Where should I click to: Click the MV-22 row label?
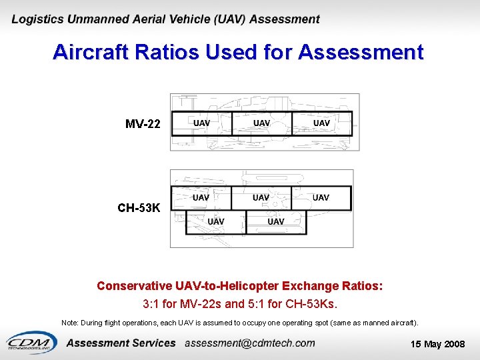click(143, 124)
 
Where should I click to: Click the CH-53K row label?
click(139, 208)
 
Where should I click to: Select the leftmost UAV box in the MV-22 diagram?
click(201, 123)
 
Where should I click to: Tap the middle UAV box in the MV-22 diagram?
click(261, 123)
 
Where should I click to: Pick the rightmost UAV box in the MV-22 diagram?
click(321, 123)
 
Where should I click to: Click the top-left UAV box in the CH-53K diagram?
click(201, 198)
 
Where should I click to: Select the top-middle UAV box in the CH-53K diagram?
click(261, 198)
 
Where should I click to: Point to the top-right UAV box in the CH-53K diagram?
click(321, 198)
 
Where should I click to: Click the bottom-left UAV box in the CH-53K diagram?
click(215, 222)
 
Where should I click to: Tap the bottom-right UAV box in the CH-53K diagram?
click(275, 222)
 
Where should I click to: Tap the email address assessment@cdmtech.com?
click(249, 343)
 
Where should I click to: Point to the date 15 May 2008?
click(437, 344)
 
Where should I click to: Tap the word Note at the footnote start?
click(69, 323)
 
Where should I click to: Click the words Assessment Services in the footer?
click(121, 343)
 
